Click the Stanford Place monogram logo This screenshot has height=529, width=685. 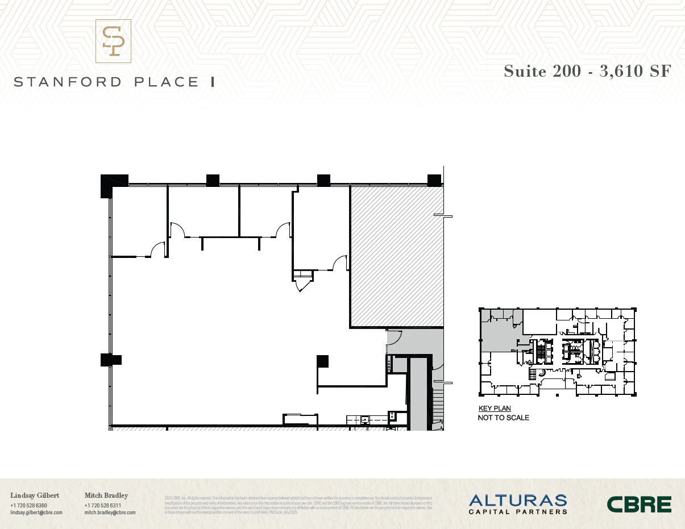(x=113, y=41)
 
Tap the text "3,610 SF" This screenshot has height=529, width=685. (x=636, y=71)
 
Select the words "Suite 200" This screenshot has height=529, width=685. (x=542, y=71)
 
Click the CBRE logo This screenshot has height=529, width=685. (x=639, y=504)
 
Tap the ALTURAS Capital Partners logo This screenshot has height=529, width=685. (x=518, y=504)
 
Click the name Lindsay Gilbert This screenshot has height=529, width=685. (x=35, y=495)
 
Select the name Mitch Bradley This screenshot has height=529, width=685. (x=106, y=495)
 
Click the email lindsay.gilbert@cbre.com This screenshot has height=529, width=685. (x=36, y=513)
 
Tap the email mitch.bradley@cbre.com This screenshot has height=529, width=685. (x=110, y=513)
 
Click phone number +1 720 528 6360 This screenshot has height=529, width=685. (x=28, y=506)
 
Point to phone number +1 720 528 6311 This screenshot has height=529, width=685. (x=102, y=506)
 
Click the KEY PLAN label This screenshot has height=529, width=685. (x=495, y=409)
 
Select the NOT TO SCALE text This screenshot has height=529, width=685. (x=504, y=418)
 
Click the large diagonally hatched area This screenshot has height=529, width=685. (x=396, y=256)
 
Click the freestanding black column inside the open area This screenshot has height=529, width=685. (x=323, y=360)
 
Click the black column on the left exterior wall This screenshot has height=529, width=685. (x=110, y=360)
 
